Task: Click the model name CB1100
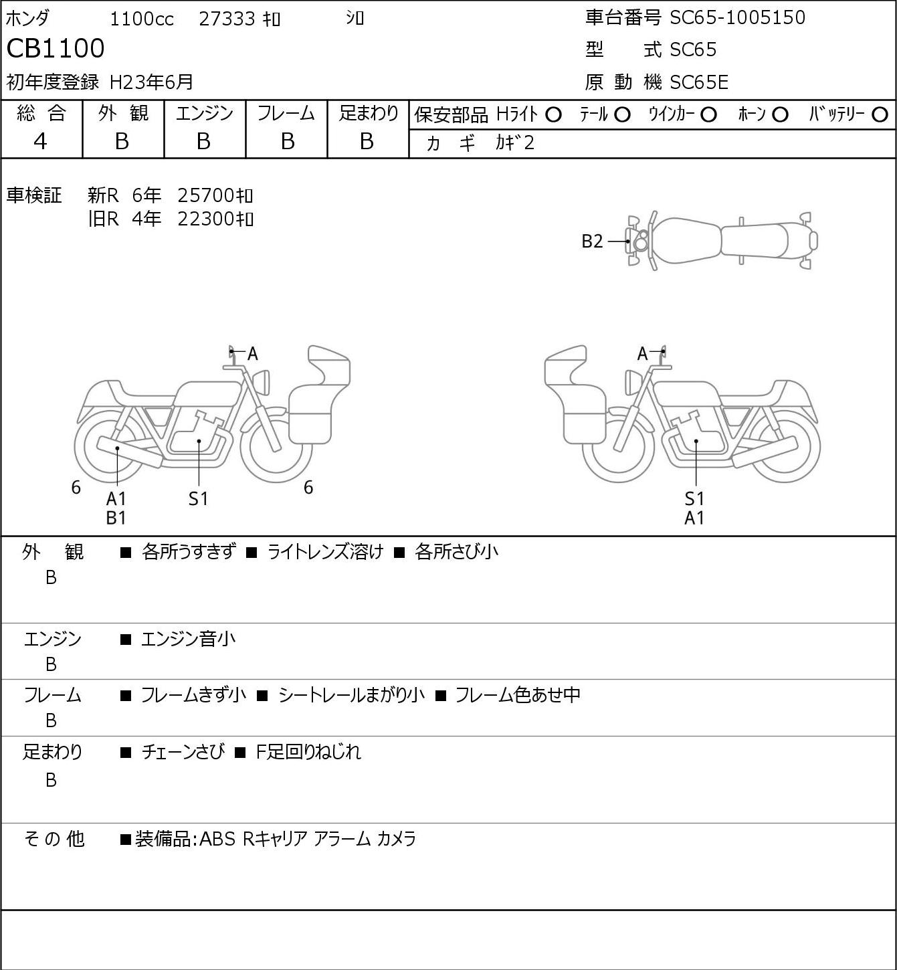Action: [56, 48]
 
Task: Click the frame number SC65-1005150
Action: [737, 17]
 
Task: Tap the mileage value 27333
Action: [227, 19]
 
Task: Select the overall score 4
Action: [40, 142]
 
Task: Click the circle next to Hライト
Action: [553, 115]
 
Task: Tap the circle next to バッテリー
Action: [880, 115]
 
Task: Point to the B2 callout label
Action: [592, 241]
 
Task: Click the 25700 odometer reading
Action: [205, 195]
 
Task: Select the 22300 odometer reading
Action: [205, 219]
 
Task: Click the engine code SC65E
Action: [699, 82]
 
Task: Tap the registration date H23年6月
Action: [151, 82]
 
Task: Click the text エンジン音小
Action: [188, 639]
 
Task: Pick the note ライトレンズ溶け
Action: [325, 552]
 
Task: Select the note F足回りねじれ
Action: [308, 752]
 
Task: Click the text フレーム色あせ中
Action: [517, 694]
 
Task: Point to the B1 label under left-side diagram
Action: [116, 518]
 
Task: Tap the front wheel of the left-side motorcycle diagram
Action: [276, 447]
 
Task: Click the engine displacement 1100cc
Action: [142, 19]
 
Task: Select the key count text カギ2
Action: [515, 143]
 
